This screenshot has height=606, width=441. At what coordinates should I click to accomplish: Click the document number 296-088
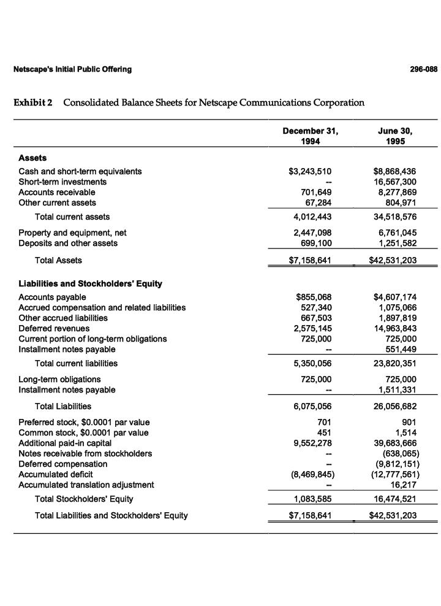pyautogui.click(x=423, y=69)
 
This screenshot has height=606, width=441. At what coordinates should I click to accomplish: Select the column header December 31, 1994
pyautogui.click(x=310, y=136)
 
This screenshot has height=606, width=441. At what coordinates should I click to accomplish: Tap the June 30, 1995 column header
pyautogui.click(x=399, y=136)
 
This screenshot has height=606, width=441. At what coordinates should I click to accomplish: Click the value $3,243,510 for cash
pyautogui.click(x=310, y=172)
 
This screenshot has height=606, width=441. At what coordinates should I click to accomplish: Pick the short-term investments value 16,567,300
pyautogui.click(x=394, y=182)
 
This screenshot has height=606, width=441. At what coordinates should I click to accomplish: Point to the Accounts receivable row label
pyautogui.click(x=57, y=193)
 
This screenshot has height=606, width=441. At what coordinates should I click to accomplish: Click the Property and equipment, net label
pyautogui.click(x=72, y=233)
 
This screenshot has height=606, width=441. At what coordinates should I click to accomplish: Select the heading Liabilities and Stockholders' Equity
pyautogui.click(x=90, y=284)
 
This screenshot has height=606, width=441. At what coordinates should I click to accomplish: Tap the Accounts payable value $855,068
pyautogui.click(x=313, y=297)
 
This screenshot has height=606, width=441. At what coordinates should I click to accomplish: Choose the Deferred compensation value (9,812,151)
pyautogui.click(x=396, y=464)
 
